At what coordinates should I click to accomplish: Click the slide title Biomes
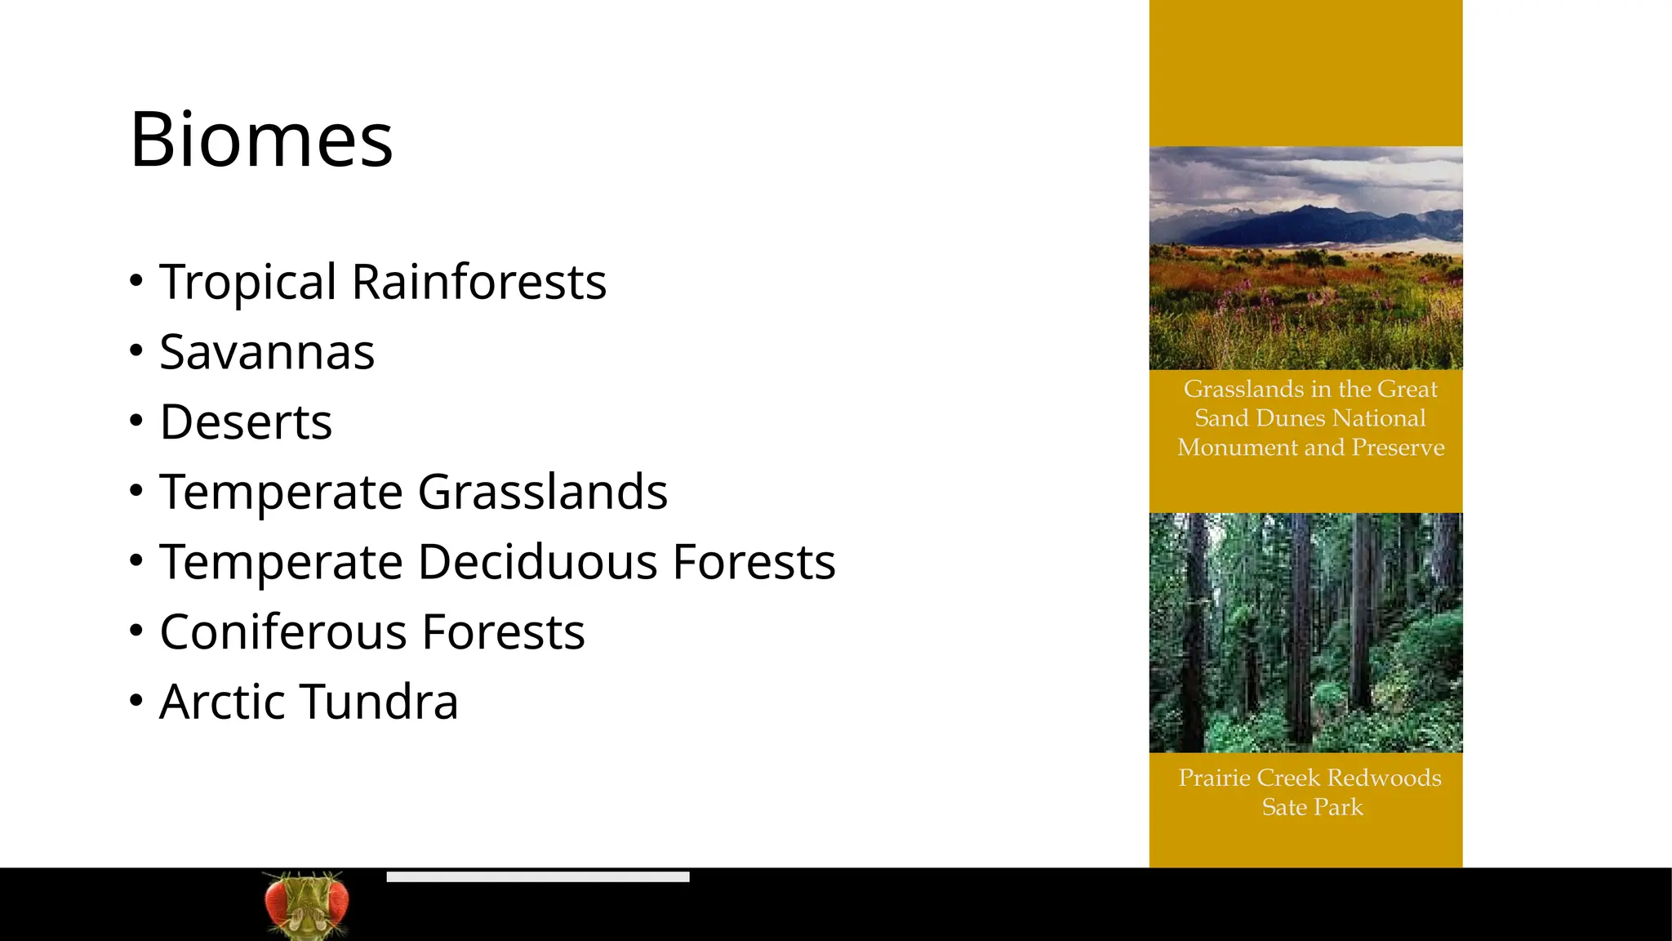[261, 140]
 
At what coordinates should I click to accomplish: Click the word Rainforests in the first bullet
[478, 282]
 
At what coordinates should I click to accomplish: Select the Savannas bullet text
[267, 352]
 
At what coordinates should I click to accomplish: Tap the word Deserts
[246, 422]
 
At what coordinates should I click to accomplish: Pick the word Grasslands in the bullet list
[542, 492]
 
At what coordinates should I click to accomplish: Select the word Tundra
[380, 702]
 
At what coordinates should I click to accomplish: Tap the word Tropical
[247, 282]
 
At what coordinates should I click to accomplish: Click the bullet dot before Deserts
[136, 421]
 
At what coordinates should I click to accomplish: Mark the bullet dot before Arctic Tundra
[136, 701]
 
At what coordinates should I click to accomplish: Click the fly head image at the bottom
[306, 904]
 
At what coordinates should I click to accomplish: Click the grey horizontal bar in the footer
[537, 876]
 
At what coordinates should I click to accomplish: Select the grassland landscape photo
[1305, 258]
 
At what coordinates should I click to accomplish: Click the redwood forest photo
[1305, 632]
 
